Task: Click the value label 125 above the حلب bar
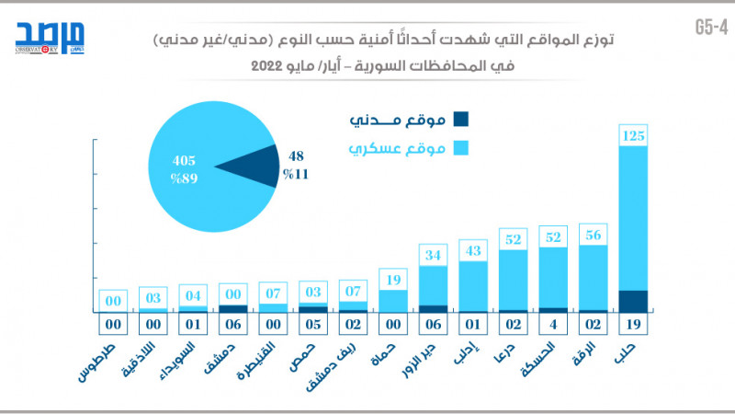coord(634,136)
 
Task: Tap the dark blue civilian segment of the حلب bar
coord(634,301)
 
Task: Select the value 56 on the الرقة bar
coord(594,235)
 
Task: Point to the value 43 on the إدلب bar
coord(473,250)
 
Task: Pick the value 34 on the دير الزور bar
coord(434,255)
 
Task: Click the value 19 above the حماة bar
coord(393,279)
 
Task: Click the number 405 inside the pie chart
coord(184,159)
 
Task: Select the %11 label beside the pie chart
coord(296,173)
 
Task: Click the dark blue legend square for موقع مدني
coord(461,119)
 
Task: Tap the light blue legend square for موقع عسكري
coord(461,147)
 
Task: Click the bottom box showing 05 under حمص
coord(313,324)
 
